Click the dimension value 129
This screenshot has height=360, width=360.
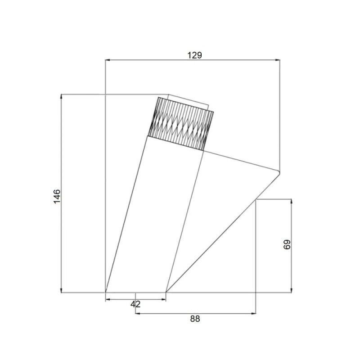pyautogui.click(x=194, y=55)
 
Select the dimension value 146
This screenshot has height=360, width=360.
pyautogui.click(x=57, y=196)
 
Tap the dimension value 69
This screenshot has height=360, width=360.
pyautogui.click(x=287, y=244)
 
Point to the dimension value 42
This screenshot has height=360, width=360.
pyautogui.click(x=135, y=305)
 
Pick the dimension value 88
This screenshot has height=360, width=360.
pyautogui.click(x=195, y=319)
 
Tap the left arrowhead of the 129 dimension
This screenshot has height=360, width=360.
pyautogui.click(x=108, y=60)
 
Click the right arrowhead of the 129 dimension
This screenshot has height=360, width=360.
pyautogui.click(x=277, y=60)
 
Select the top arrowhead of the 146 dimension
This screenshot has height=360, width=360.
pyautogui.click(x=61, y=97)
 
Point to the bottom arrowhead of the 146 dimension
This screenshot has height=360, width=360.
pyautogui.click(x=61, y=290)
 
